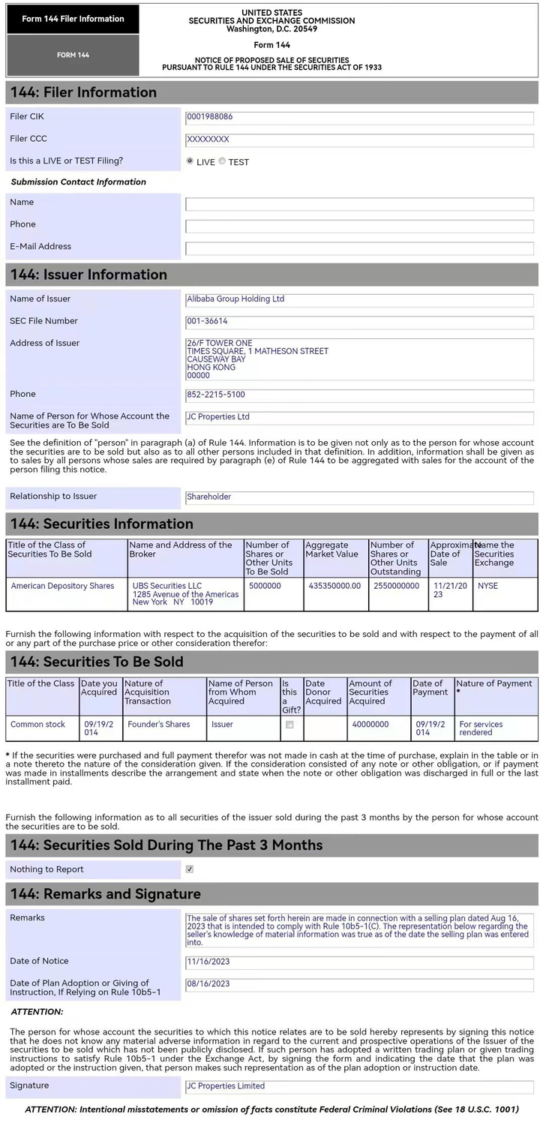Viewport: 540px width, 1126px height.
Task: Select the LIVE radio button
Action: (x=190, y=161)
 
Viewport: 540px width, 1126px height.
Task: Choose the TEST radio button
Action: (x=222, y=161)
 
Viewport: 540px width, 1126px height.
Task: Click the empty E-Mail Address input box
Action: (x=359, y=248)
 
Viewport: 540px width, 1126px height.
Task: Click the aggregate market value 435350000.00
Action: (x=334, y=586)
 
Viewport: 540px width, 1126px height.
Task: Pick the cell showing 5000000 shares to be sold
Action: (x=265, y=586)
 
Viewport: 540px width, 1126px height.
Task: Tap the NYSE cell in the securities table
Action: (x=487, y=586)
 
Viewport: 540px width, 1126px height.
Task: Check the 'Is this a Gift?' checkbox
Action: (x=289, y=725)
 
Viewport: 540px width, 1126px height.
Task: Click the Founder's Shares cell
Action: (x=159, y=725)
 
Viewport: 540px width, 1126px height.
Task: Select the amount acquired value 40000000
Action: (x=370, y=725)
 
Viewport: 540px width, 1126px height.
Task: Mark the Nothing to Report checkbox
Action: (x=190, y=869)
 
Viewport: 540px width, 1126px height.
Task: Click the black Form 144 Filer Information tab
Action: (x=73, y=20)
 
